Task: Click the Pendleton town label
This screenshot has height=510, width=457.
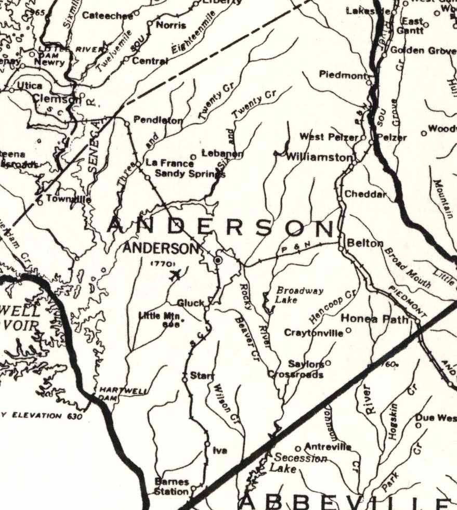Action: (158, 120)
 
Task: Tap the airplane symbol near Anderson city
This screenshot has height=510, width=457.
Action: (176, 274)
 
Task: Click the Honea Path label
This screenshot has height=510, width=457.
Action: (374, 319)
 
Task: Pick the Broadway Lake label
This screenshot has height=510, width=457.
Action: (292, 295)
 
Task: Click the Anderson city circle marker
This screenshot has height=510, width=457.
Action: (218, 259)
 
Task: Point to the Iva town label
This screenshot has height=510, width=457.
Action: (220, 451)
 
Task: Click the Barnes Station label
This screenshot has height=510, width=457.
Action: (172, 486)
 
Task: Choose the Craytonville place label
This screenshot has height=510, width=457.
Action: (314, 333)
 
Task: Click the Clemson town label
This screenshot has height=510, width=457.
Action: (56, 98)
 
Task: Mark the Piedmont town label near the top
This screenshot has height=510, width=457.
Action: (343, 75)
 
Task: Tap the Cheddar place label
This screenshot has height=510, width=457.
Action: (366, 194)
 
